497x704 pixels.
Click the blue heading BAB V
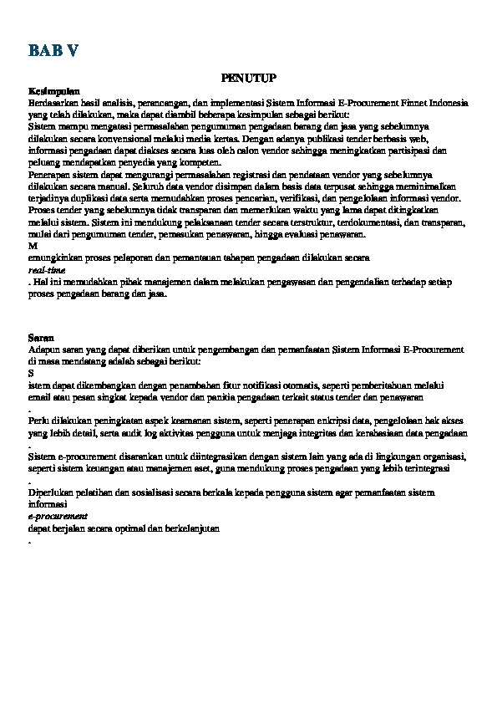[x=53, y=51]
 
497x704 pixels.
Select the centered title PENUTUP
[x=248, y=77]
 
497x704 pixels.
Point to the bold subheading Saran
[x=41, y=336]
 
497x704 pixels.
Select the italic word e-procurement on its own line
[x=58, y=517]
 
